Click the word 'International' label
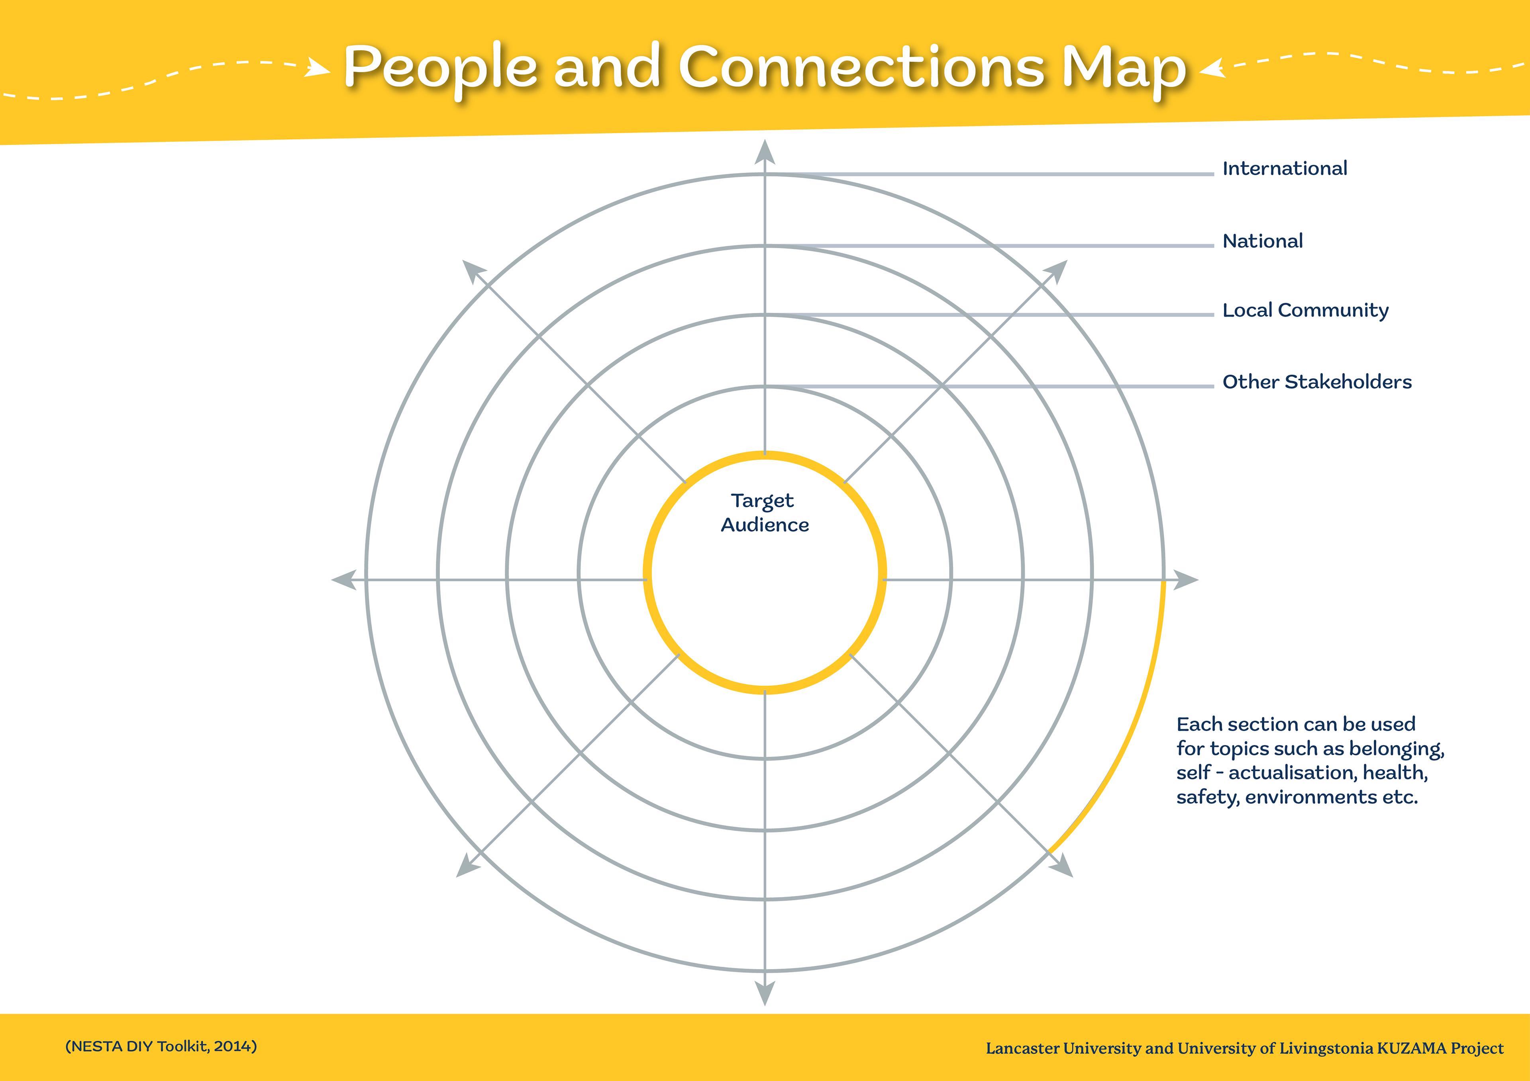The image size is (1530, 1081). (1284, 168)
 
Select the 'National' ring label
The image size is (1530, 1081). (1262, 241)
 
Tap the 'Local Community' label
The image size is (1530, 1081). (1305, 311)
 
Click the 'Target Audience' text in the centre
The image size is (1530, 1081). (764, 513)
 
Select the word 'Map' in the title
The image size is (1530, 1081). (1124, 68)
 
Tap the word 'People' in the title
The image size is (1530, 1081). (440, 68)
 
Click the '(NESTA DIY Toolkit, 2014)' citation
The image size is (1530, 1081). (161, 1046)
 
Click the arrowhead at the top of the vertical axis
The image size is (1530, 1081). (764, 152)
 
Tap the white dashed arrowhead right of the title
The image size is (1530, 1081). (1213, 68)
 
